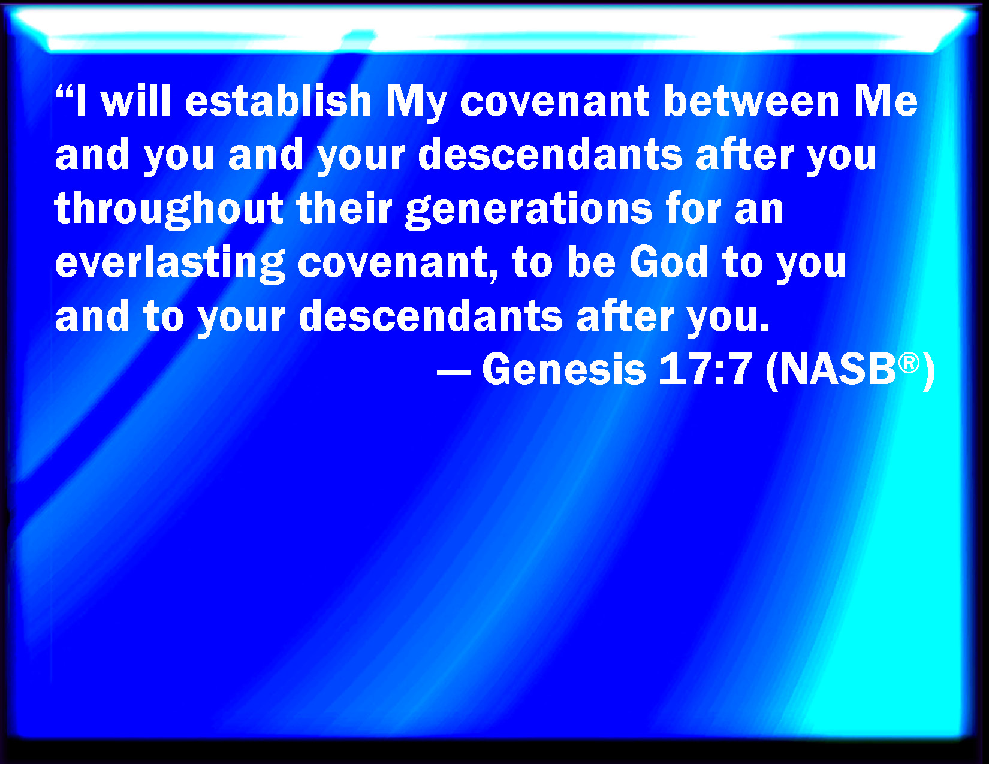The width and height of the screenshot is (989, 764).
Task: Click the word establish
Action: click(278, 101)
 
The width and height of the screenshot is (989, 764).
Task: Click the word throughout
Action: click(169, 209)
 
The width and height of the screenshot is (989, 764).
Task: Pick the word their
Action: click(344, 208)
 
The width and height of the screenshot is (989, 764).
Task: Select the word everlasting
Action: click(170, 264)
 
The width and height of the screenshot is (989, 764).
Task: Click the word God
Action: click(668, 262)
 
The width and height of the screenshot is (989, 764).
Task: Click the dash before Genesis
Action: click(453, 372)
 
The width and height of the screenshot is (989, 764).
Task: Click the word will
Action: click(135, 101)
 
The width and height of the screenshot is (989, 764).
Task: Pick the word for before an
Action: click(693, 208)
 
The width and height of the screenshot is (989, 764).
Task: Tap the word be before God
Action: click(591, 262)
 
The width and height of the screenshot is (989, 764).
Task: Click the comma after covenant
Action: click(494, 276)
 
